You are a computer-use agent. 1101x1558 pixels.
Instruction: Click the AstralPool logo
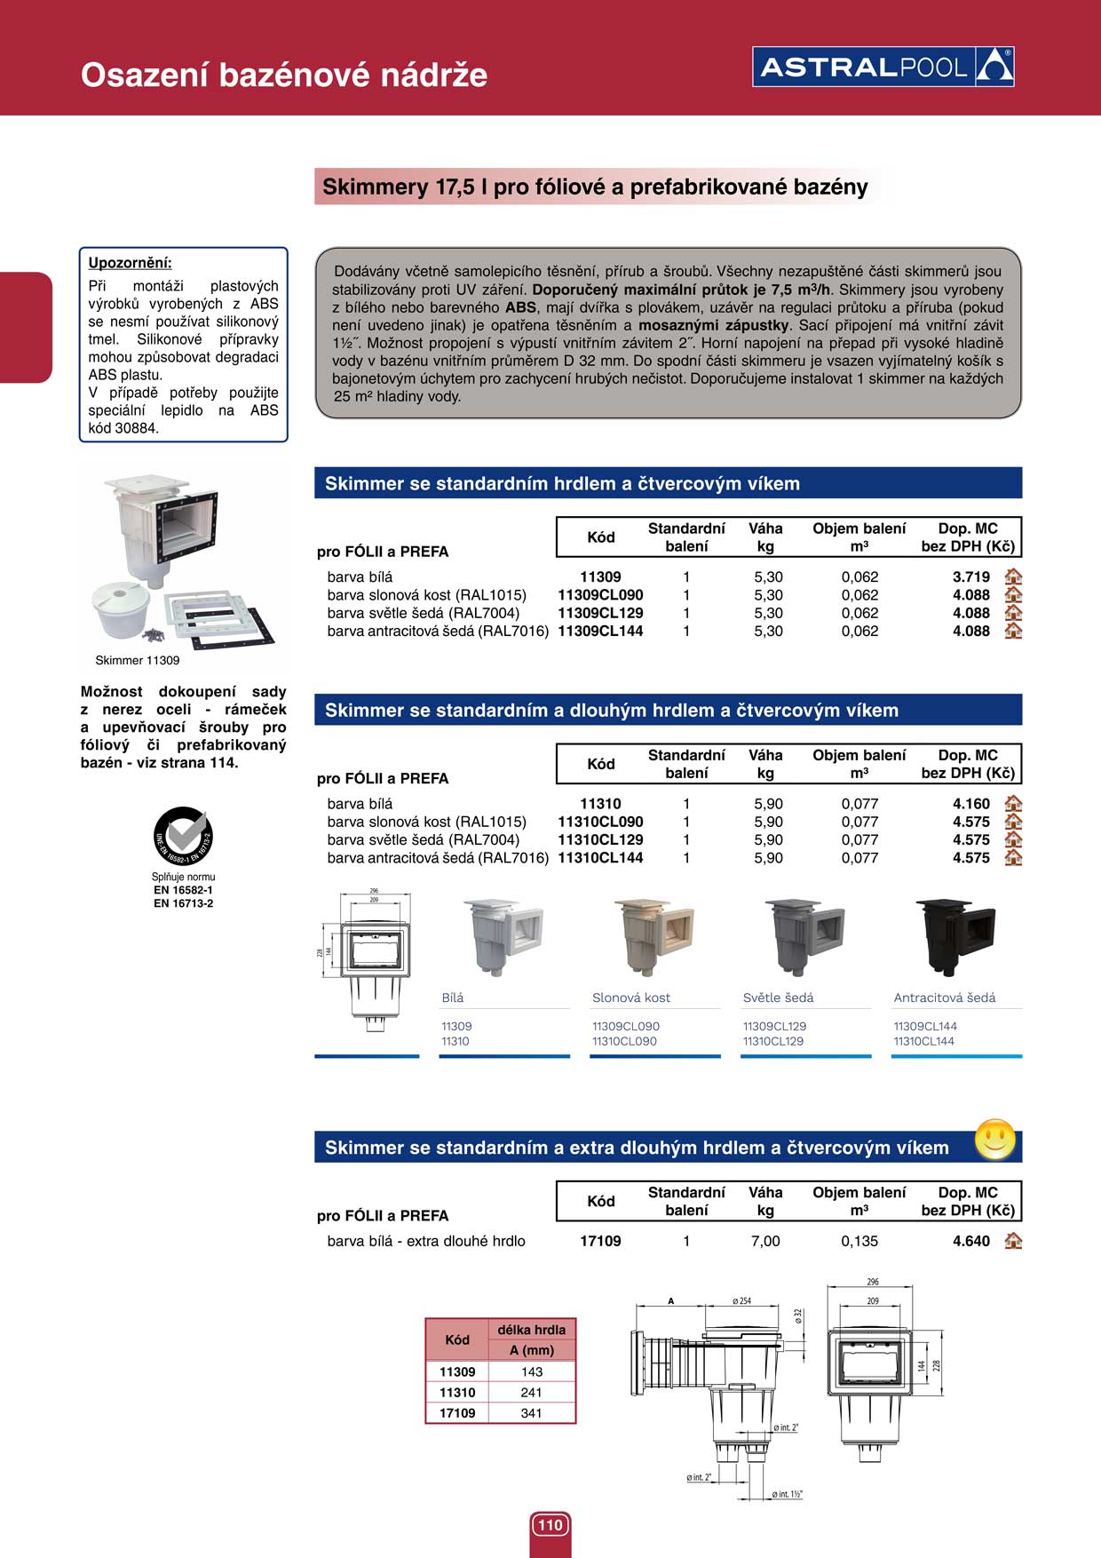(883, 67)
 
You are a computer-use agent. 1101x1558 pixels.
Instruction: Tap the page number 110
(550, 1525)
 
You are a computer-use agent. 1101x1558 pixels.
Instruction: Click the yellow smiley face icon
(994, 1139)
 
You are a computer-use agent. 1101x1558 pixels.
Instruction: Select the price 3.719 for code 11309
(970, 577)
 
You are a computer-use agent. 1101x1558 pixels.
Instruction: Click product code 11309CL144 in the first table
(600, 632)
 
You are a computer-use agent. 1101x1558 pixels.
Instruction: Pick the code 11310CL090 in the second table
(600, 823)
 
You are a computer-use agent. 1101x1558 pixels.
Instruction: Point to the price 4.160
(970, 804)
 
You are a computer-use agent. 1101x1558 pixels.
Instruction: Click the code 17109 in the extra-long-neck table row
(600, 1242)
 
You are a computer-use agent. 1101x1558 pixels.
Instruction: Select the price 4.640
(970, 1242)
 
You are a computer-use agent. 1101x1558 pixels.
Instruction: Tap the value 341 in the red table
(531, 1413)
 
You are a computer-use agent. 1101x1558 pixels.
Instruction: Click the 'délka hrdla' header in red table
(531, 1330)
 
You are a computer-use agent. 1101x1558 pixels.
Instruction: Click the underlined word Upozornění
(130, 263)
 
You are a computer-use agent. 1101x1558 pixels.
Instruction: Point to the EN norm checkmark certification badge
(183, 836)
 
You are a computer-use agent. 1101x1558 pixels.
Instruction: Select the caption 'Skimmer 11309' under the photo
(138, 661)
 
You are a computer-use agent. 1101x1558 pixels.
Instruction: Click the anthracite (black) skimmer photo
(954, 936)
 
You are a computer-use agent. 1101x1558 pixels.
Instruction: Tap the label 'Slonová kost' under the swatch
(631, 998)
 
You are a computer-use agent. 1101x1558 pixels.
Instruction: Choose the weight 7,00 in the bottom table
(765, 1242)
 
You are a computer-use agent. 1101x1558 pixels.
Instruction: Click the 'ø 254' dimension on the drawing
(741, 1301)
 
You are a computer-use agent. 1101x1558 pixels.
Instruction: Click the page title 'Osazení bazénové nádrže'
(284, 75)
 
